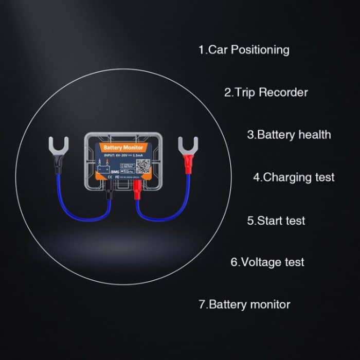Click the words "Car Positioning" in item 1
click(249, 50)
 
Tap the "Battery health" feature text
click(294, 135)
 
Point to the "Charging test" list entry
click(299, 177)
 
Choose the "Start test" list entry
click(281, 221)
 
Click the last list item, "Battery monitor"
click(249, 304)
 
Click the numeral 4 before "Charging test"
click(257, 177)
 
